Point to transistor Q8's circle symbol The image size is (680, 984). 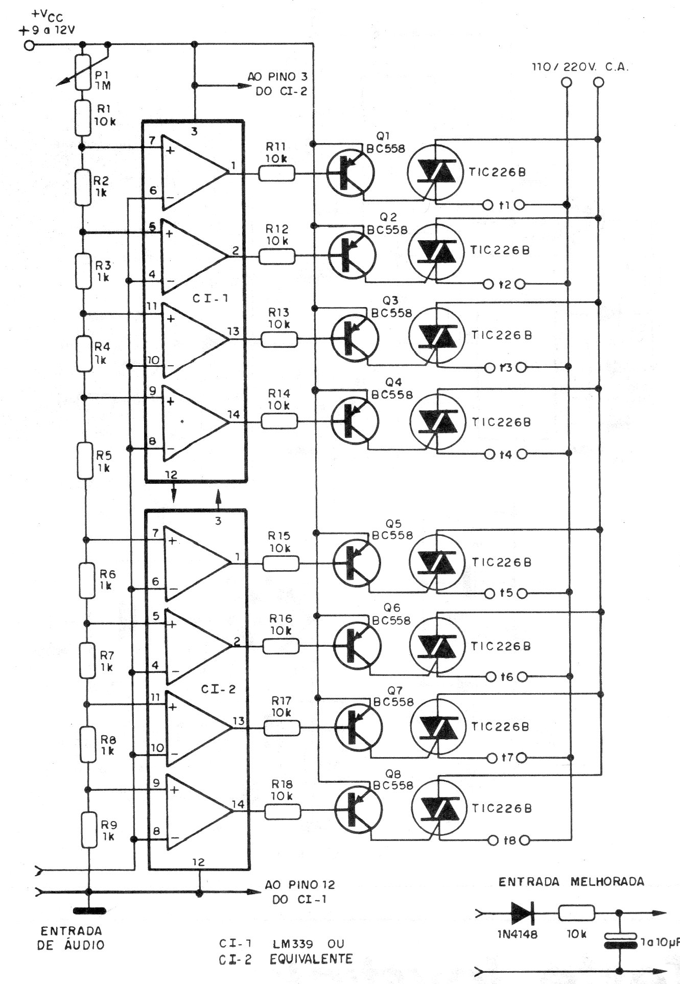(358, 810)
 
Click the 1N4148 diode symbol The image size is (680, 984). (522, 913)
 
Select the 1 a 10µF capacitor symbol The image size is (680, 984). (619, 941)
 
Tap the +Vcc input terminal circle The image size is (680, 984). (29, 45)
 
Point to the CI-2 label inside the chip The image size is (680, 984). (218, 689)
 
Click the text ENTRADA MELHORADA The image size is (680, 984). (571, 881)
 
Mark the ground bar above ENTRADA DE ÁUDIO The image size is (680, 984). (89, 910)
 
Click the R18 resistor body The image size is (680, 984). (283, 811)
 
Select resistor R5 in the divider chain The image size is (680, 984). (85, 461)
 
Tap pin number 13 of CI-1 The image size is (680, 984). (233, 332)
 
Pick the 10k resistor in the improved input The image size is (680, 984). (577, 913)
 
